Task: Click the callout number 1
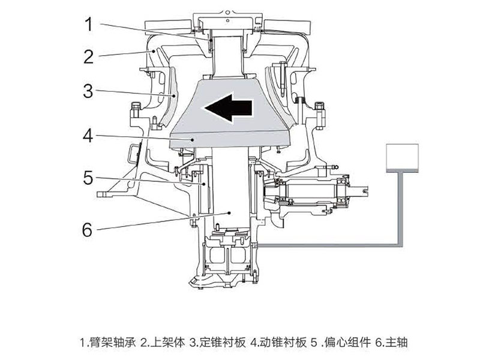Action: pos(89,25)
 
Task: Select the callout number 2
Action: pos(89,57)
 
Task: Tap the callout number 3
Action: pos(89,91)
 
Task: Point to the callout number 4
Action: pos(89,135)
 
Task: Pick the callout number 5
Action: pos(89,178)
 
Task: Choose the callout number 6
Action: pos(89,229)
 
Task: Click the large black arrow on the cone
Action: pos(226,109)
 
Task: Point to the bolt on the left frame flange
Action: pos(134,111)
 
